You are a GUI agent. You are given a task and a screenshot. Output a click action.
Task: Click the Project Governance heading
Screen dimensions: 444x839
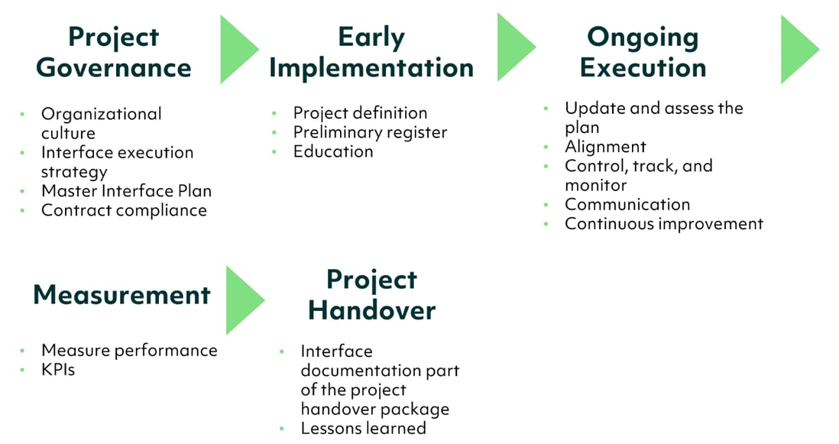(x=114, y=52)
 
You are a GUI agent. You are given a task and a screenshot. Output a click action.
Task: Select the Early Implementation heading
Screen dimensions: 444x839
(x=371, y=52)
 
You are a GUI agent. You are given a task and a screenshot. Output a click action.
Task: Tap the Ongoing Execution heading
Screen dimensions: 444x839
(x=643, y=52)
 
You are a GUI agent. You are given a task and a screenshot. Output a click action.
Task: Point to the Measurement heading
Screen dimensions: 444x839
(x=121, y=295)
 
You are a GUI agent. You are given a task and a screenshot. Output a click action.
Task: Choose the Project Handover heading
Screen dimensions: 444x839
(x=371, y=295)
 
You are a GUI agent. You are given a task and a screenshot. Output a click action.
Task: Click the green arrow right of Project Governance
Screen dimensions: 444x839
(x=238, y=50)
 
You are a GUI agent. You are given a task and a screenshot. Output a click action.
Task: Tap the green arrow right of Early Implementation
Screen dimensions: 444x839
(x=515, y=48)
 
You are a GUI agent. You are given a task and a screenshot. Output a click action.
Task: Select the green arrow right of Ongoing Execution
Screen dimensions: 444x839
(x=799, y=49)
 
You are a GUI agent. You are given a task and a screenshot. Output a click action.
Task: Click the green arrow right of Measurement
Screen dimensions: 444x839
(x=244, y=300)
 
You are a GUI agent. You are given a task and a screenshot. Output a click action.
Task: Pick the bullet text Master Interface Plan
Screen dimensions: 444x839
(x=126, y=191)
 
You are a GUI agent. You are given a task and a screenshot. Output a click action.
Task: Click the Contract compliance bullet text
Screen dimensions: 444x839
(x=124, y=210)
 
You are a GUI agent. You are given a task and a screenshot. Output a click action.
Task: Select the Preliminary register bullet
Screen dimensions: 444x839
(x=370, y=132)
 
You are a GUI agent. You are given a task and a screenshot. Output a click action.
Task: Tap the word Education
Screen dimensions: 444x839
(x=333, y=151)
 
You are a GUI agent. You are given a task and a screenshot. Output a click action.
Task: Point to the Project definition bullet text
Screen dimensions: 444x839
(x=360, y=113)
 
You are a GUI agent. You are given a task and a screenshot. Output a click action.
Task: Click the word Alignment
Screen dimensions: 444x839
(x=605, y=147)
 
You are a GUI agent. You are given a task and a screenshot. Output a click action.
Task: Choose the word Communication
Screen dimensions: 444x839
(x=627, y=204)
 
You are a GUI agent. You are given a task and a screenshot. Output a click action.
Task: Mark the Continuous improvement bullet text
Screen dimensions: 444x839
(x=663, y=223)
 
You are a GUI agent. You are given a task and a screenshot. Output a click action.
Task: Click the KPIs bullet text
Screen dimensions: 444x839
(x=58, y=370)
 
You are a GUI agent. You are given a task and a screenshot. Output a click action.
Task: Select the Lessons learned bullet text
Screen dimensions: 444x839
(x=363, y=428)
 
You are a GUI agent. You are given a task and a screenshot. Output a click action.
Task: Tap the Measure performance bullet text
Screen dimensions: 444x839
(x=129, y=350)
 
